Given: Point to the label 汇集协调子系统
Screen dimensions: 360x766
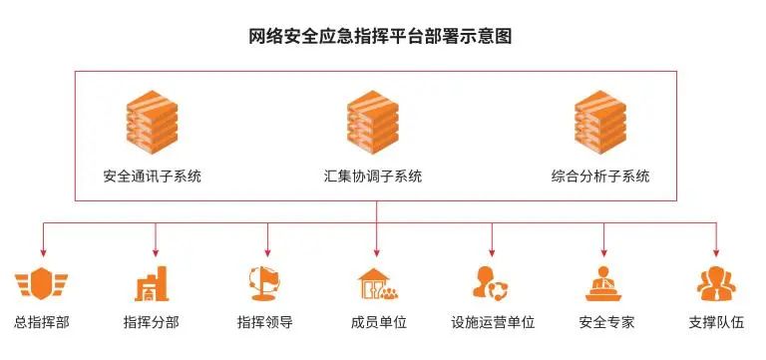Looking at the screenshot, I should (x=373, y=177).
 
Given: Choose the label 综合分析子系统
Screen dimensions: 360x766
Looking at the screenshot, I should (x=599, y=177).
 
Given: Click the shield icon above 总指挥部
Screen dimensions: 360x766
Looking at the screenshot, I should (x=42, y=284).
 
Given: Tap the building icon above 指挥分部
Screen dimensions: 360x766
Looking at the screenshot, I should (x=154, y=284).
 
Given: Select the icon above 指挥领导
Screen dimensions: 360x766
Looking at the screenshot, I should (x=265, y=283).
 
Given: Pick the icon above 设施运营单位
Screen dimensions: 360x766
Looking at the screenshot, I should (x=492, y=284).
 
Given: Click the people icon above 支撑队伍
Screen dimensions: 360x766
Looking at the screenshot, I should (x=717, y=284).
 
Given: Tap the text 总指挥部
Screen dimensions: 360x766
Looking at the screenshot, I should (x=42, y=323).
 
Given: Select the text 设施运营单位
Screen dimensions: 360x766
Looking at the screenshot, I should (x=493, y=323).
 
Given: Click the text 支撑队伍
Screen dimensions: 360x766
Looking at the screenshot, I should (x=717, y=323).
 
